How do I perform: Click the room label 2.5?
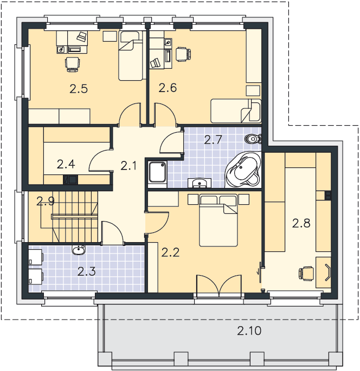point(79,89)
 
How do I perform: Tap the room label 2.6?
point(168,88)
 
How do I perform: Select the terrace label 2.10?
point(249,330)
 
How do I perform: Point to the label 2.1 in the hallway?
point(128,166)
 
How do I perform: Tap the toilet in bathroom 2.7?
point(253,139)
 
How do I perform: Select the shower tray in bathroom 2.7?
point(157,172)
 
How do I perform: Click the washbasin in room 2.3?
point(79,250)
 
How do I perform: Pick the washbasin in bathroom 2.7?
point(199,183)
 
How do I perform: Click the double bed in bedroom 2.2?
point(218,220)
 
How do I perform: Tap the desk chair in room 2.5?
point(73,64)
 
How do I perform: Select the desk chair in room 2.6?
point(183,54)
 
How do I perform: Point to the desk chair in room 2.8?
point(306,274)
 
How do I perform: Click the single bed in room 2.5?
point(131,56)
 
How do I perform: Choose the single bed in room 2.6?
point(236,111)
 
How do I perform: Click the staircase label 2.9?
point(46,201)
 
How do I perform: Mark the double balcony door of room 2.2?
point(219,284)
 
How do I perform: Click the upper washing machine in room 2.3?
point(36,257)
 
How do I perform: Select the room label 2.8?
point(301,223)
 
